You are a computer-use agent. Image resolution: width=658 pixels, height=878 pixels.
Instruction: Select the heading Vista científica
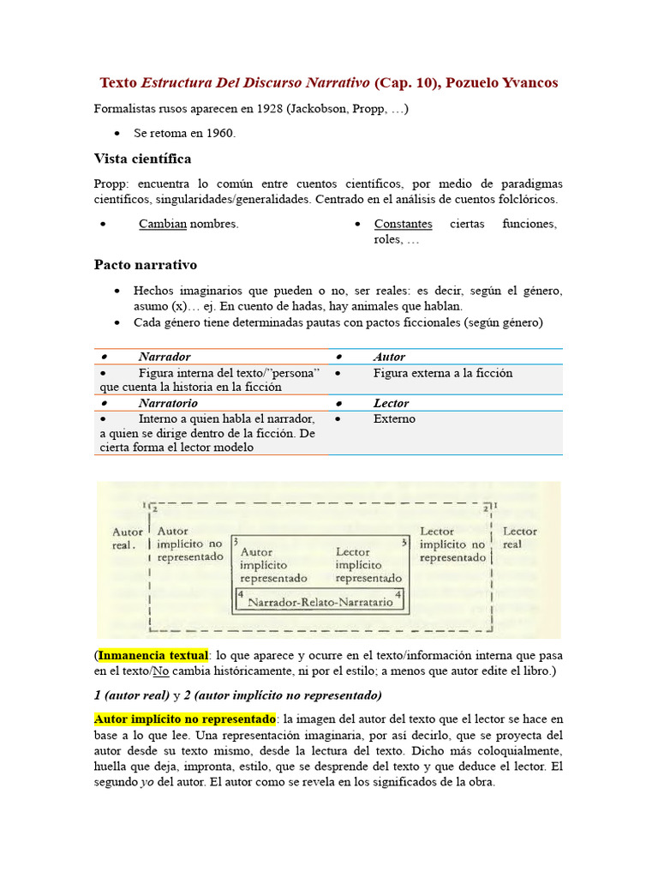(x=142, y=159)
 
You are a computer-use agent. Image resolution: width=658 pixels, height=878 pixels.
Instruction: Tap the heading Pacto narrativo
(x=145, y=265)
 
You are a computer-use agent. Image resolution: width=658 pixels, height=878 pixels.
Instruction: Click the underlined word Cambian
(x=163, y=224)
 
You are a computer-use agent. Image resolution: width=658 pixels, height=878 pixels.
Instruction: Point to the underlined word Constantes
(x=403, y=224)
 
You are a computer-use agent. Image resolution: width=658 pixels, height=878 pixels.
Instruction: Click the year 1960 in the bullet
(x=221, y=134)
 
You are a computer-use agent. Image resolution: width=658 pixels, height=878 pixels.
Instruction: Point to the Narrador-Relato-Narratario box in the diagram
(x=320, y=602)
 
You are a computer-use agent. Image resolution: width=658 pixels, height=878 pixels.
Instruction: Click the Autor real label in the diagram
(x=128, y=538)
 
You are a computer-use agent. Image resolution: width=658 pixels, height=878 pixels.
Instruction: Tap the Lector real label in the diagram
(x=519, y=538)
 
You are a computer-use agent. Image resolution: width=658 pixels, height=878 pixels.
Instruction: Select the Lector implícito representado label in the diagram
(x=368, y=565)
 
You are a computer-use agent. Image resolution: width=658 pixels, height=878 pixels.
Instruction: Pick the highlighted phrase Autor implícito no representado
(x=184, y=719)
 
